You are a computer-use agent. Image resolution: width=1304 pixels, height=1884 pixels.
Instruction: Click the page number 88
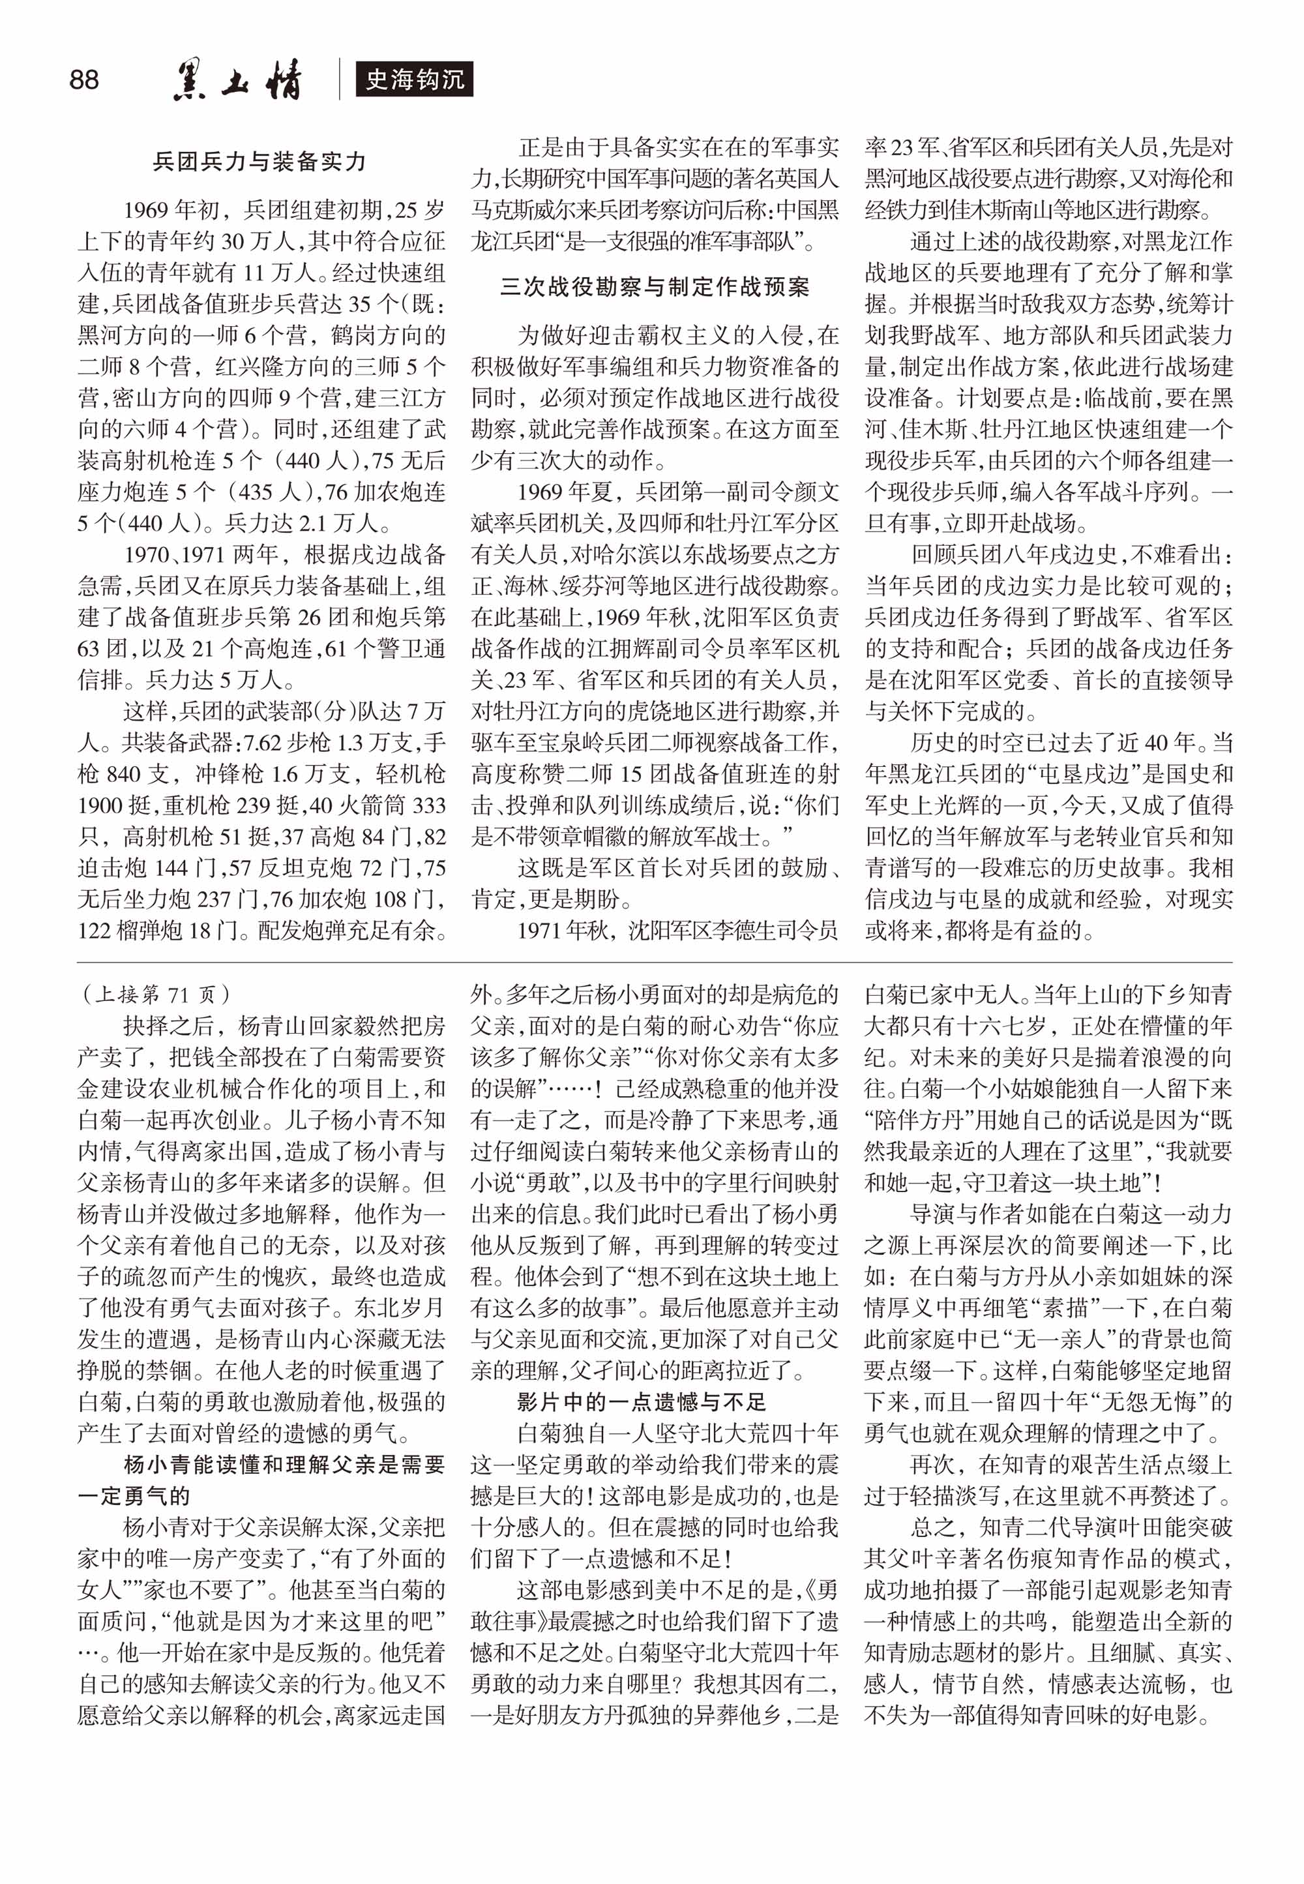(x=84, y=80)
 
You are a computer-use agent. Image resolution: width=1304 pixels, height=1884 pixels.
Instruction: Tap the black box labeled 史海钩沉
(x=414, y=80)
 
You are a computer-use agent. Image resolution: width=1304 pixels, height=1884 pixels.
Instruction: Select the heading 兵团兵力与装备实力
(x=259, y=162)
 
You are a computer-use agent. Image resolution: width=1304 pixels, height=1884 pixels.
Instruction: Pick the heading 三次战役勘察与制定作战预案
(x=655, y=287)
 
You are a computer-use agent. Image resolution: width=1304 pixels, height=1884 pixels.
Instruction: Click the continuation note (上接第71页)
(x=156, y=994)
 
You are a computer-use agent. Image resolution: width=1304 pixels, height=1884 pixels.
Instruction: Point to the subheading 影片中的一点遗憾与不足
(x=642, y=1402)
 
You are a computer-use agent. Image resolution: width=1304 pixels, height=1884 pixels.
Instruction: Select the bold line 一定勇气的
(x=134, y=1496)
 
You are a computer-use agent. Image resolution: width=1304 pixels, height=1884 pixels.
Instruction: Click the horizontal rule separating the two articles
(x=655, y=963)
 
